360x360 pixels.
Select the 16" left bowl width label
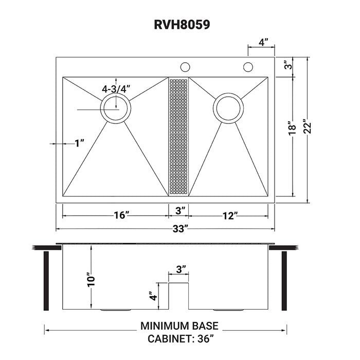[120, 215]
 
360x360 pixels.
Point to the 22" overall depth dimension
[308, 127]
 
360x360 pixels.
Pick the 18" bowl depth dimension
[292, 127]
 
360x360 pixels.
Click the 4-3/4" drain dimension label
[116, 88]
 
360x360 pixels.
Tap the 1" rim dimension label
[79, 143]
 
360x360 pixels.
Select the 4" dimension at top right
[262, 43]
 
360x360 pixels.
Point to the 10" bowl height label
[91, 279]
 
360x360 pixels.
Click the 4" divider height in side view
[152, 297]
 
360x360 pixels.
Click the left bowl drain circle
[116, 109]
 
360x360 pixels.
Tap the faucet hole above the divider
[185, 67]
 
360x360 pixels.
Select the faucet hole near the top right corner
[248, 67]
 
